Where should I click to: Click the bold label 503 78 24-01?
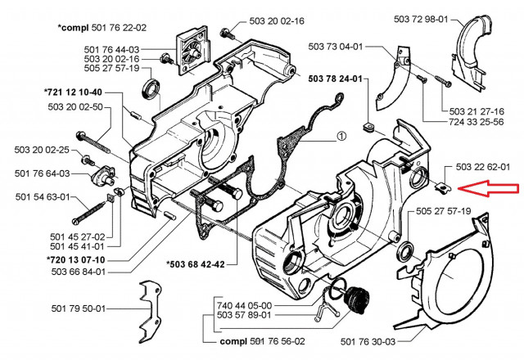click(338, 79)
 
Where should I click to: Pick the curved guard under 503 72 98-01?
click(475, 47)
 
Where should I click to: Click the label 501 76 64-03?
click(42, 173)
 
